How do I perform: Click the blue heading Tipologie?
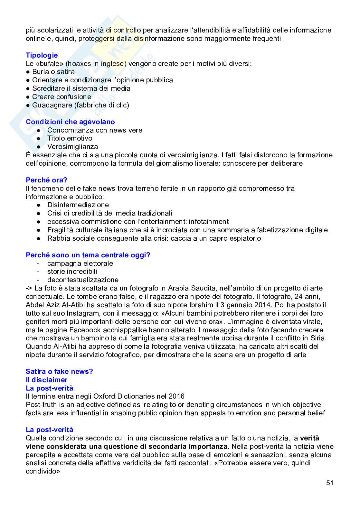42,55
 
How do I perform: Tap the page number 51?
329,483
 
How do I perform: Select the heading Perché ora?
46,180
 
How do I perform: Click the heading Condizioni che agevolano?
70,122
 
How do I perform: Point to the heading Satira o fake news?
59,372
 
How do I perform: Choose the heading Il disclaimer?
46,380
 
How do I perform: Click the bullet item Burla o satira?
53,72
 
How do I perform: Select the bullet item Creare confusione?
62,97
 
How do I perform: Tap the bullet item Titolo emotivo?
70,138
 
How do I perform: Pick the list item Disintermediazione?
78,205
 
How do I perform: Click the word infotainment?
209,222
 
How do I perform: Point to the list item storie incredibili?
72,272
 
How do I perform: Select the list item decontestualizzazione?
83,280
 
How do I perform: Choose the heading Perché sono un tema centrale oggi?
88,255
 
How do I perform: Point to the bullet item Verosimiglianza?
72,147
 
